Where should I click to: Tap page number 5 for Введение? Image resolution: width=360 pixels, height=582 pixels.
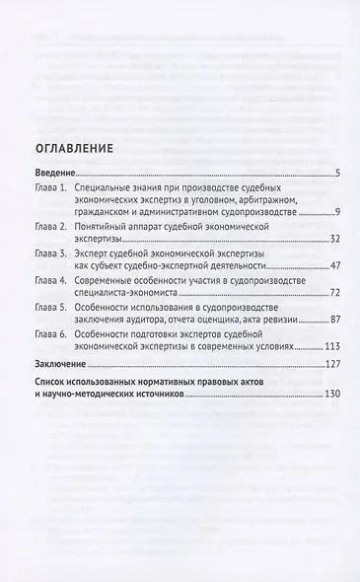(337, 174)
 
